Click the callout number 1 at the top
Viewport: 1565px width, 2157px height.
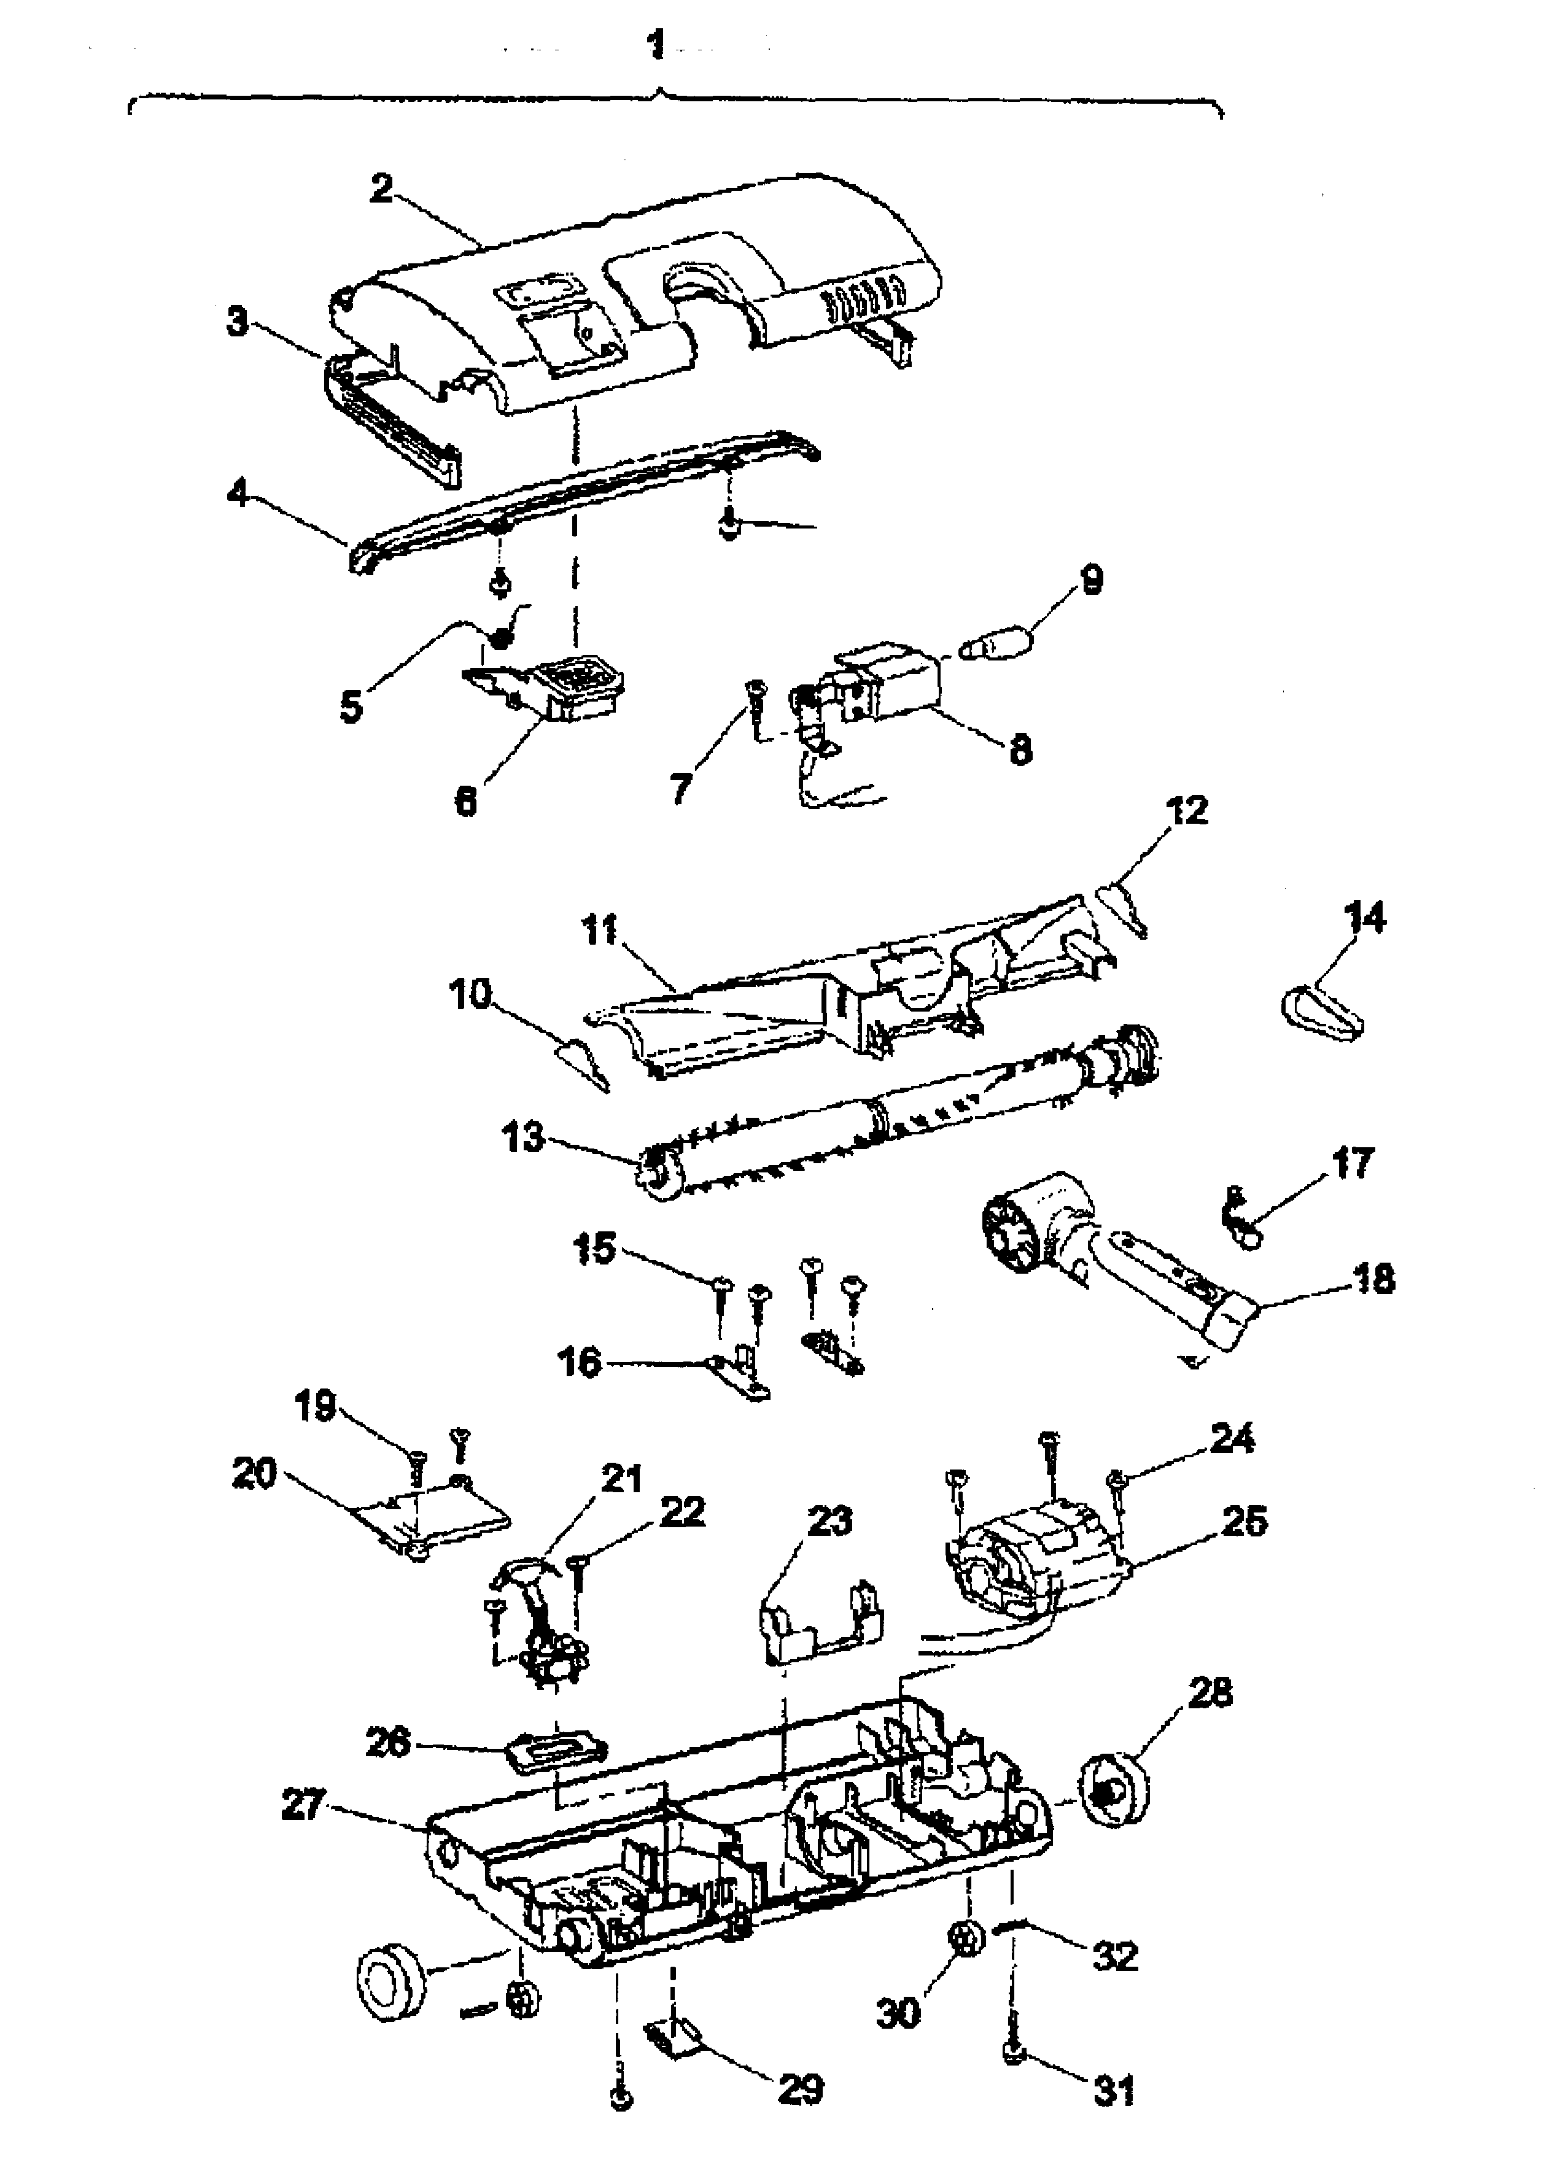pyautogui.click(x=656, y=45)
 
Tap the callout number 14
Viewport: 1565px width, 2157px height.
pyautogui.click(x=1364, y=919)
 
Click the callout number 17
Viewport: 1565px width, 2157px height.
pyautogui.click(x=1352, y=1162)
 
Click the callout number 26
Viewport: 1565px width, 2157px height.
pyautogui.click(x=388, y=1742)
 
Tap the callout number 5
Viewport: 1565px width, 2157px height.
pyautogui.click(x=351, y=707)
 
